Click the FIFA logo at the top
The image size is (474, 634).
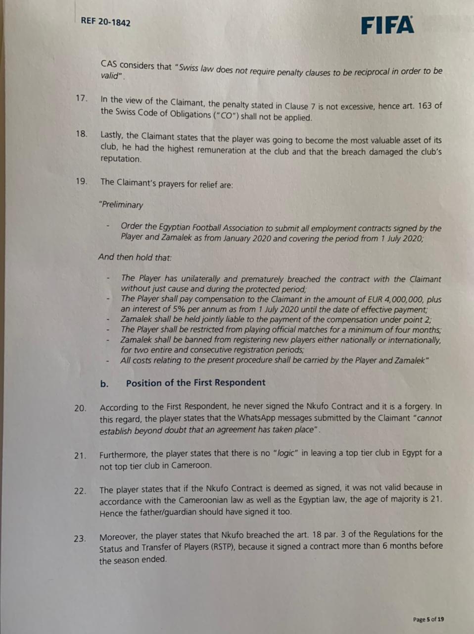click(x=387, y=25)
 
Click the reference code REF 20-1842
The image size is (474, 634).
click(x=105, y=22)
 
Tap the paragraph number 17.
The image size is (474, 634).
click(x=81, y=98)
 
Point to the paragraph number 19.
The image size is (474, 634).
click(x=81, y=181)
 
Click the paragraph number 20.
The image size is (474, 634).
click(x=80, y=408)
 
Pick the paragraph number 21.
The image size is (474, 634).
click(x=80, y=455)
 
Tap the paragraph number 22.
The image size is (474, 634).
click(x=80, y=491)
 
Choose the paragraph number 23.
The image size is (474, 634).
click(x=80, y=538)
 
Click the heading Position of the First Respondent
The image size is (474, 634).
click(x=195, y=382)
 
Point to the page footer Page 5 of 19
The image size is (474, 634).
click(x=428, y=619)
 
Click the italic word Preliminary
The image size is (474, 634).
click(x=122, y=205)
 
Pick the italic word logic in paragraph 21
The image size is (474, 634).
click(x=285, y=453)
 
